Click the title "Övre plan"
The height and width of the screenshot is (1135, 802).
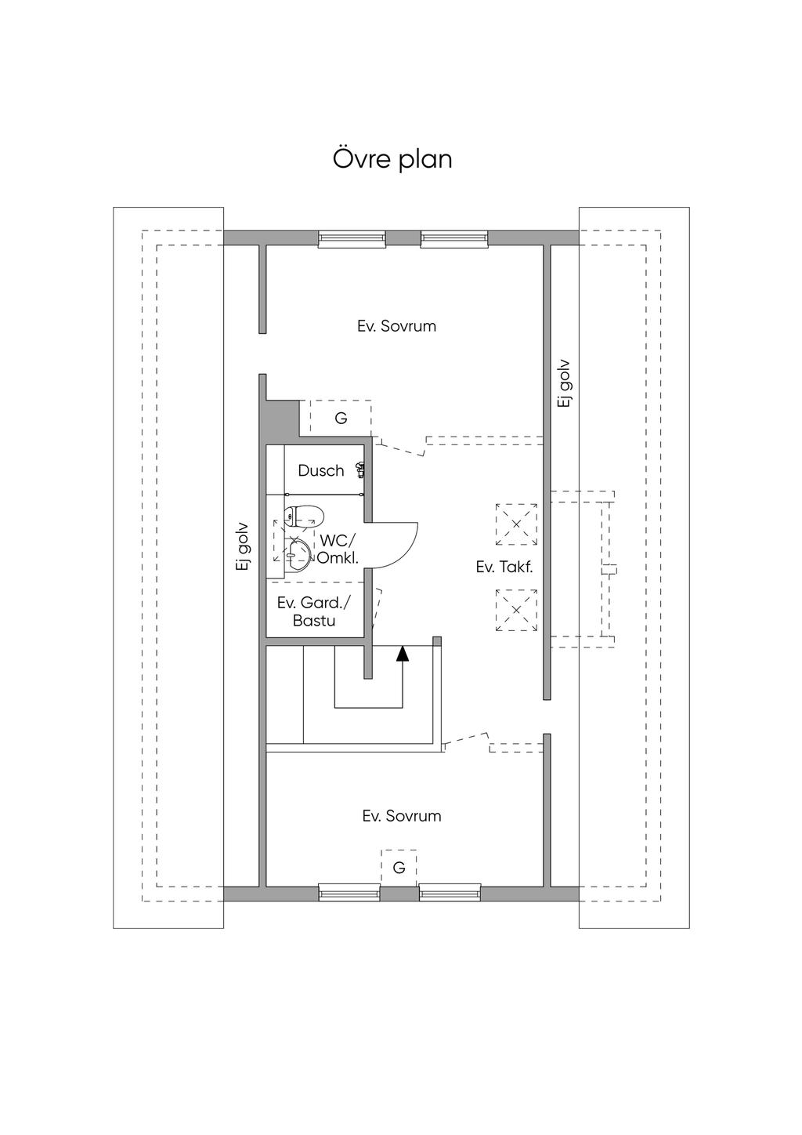pyautogui.click(x=392, y=160)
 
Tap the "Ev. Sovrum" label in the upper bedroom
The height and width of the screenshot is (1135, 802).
pyautogui.click(x=396, y=326)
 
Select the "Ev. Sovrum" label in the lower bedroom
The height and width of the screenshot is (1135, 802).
pyautogui.click(x=402, y=816)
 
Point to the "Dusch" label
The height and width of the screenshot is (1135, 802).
pyautogui.click(x=321, y=471)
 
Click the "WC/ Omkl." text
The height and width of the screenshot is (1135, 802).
pyautogui.click(x=338, y=549)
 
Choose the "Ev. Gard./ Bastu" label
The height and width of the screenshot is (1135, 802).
pyautogui.click(x=314, y=611)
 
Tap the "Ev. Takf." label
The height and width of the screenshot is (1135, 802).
pyautogui.click(x=504, y=567)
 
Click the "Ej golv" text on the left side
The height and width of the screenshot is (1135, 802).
pyautogui.click(x=244, y=548)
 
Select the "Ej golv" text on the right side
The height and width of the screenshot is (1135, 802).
pyautogui.click(x=564, y=383)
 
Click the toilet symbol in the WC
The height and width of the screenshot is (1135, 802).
pyautogui.click(x=303, y=517)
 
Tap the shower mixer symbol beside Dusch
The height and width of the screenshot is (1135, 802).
pyautogui.click(x=360, y=470)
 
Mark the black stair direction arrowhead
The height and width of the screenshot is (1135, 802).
pyautogui.click(x=403, y=654)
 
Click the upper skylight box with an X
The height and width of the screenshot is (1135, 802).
pyautogui.click(x=516, y=524)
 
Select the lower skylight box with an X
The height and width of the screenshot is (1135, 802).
pyautogui.click(x=516, y=610)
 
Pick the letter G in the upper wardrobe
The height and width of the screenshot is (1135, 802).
pyautogui.click(x=341, y=419)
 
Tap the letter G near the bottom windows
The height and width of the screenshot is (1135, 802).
pyautogui.click(x=399, y=868)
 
